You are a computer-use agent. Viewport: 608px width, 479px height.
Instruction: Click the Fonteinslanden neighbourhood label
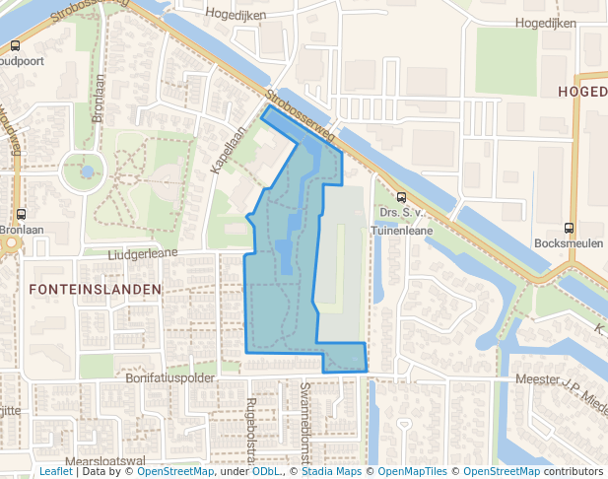(x=96, y=289)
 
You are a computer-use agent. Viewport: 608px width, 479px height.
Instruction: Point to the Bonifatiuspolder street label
(x=170, y=377)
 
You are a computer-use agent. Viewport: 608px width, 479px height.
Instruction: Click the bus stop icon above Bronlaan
(x=21, y=213)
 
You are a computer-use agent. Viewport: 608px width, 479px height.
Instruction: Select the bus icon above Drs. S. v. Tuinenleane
(x=400, y=196)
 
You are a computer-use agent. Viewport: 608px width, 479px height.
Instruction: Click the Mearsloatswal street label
(x=104, y=460)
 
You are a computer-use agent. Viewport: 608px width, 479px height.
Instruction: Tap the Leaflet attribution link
(x=55, y=472)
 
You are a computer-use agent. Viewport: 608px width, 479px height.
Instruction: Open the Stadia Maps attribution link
(x=328, y=472)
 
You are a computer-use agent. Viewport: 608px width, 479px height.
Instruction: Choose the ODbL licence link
(x=266, y=472)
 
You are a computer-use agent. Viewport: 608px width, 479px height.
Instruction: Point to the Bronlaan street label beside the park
(x=98, y=99)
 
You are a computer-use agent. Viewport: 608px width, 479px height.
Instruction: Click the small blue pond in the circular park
(x=87, y=171)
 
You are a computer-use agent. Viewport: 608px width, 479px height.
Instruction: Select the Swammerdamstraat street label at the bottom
(x=305, y=424)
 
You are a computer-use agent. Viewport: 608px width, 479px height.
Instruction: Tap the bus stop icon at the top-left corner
(x=15, y=45)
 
